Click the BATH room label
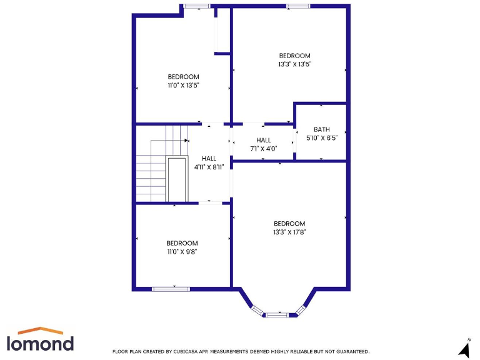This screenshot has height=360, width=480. [321, 129]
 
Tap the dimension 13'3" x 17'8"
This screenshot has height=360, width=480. [289, 232]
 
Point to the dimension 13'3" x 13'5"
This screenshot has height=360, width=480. [294, 64]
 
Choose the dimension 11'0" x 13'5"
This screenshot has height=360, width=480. [183, 85]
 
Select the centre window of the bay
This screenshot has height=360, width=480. [277, 314]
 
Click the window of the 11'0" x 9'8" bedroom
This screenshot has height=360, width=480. [171, 289]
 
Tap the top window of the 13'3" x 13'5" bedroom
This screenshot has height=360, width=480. [298, 6]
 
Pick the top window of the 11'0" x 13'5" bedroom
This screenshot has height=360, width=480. [196, 6]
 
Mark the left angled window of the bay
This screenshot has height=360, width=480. [257, 309]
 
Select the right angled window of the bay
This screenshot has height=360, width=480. [300, 309]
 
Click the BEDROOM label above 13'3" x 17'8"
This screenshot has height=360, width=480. [289, 224]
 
